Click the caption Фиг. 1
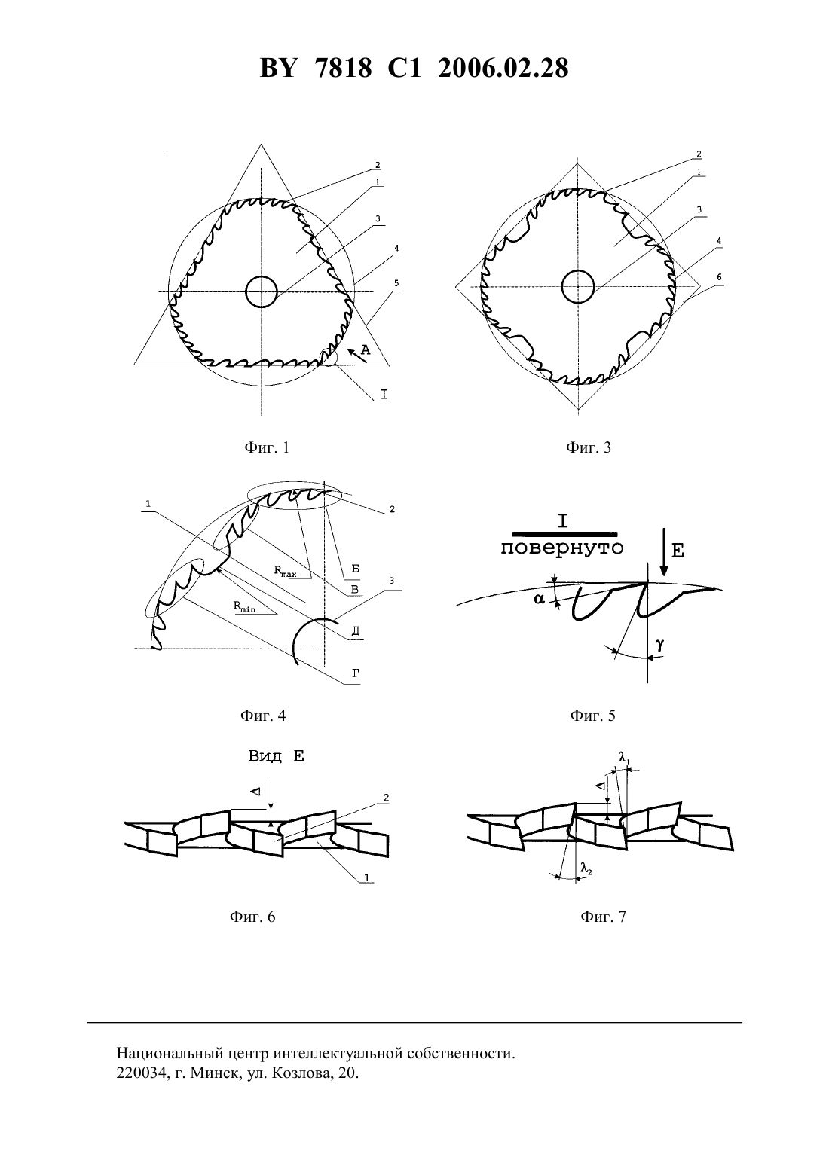(x=266, y=448)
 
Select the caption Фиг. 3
(x=589, y=448)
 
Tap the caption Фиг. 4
(x=263, y=716)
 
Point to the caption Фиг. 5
(x=592, y=716)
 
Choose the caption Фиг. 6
(x=252, y=917)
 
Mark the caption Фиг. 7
(x=603, y=917)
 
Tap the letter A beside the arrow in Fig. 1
(x=366, y=349)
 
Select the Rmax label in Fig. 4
(x=285, y=571)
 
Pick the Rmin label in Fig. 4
(x=244, y=606)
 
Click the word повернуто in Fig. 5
(x=562, y=548)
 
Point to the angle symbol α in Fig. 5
(x=539, y=599)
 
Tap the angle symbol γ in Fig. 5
(x=660, y=645)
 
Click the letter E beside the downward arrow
(x=678, y=551)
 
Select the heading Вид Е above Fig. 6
(x=276, y=756)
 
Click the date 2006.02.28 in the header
(x=503, y=69)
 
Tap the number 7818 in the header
(x=344, y=69)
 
